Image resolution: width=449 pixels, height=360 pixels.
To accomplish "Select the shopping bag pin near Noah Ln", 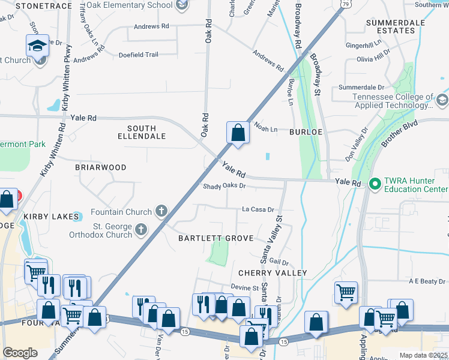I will click(238, 133).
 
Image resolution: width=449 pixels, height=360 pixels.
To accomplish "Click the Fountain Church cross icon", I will click(161, 211).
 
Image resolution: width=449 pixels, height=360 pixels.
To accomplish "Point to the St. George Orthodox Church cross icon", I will click(140, 229).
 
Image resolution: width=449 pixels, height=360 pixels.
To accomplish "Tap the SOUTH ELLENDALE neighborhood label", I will click(142, 132).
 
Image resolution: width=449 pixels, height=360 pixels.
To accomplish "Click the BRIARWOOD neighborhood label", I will click(100, 167).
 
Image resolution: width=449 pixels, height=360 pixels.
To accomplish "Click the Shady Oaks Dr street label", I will click(224, 186).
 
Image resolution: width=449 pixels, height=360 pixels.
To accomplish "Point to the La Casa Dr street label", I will click(258, 210).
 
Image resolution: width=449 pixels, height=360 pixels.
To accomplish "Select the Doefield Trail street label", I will click(139, 55).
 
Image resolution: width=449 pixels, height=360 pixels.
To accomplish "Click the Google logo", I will click(20, 353).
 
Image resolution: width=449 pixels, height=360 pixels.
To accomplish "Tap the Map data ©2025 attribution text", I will click(423, 355).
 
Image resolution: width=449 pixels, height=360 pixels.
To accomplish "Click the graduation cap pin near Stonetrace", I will click(37, 46).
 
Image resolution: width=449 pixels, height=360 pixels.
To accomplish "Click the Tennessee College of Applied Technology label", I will click(393, 101).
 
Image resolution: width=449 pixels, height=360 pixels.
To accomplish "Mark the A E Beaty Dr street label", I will click(427, 281).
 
